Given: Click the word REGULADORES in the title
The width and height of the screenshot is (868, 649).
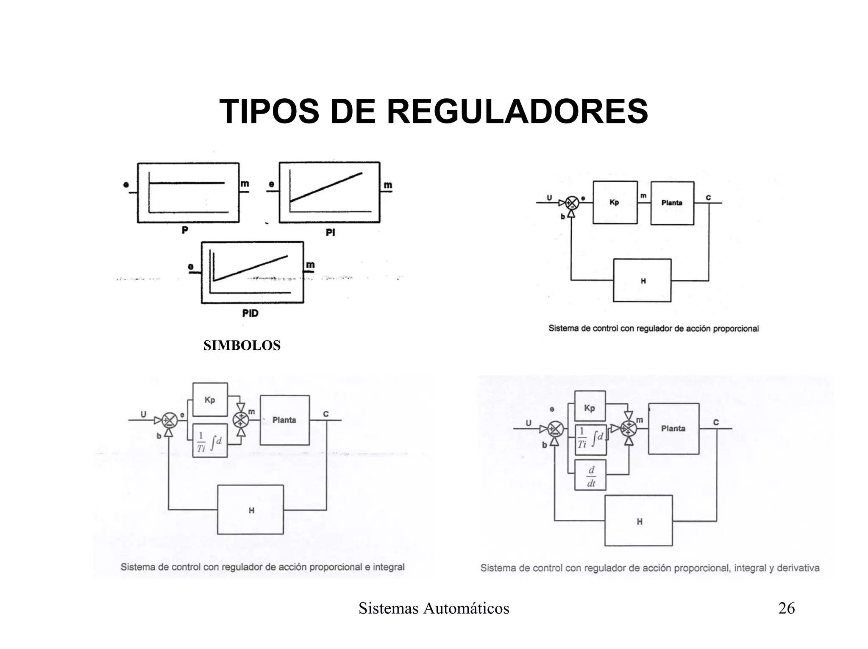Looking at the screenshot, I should point(517,111).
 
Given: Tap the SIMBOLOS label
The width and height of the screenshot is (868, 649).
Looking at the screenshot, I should point(242,345).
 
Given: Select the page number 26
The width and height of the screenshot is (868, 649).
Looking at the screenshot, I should point(786,608).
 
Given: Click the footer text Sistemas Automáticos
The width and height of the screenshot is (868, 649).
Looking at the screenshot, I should point(434,608).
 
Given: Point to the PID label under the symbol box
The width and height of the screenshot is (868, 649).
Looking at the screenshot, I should point(250,313).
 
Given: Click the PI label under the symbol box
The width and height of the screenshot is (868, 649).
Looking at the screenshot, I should point(330,232).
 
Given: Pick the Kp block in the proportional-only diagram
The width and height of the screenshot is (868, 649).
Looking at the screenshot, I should point(615,203).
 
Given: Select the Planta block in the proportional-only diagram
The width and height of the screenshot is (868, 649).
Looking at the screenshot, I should point(672,203).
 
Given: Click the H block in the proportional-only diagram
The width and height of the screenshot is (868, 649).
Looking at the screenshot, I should point(642,281).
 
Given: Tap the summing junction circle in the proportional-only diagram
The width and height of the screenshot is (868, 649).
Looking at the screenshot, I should point(572,203).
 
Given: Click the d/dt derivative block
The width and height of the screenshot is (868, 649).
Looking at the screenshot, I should point(590,475).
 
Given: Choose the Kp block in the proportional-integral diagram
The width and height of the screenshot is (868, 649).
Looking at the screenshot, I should point(210,400).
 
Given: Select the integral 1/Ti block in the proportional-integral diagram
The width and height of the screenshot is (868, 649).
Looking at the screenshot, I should point(210,440).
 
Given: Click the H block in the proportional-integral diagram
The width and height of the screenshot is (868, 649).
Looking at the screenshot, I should point(250,510).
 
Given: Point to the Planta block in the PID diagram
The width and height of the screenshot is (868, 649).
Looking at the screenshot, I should point(673,429).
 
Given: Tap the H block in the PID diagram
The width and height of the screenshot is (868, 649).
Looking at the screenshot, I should point(638,521).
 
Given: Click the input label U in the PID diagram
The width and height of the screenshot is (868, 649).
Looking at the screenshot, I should point(529,423).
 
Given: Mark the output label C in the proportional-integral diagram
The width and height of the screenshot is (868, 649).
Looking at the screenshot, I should point(325,414).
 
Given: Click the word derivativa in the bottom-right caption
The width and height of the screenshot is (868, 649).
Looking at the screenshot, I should point(798,568).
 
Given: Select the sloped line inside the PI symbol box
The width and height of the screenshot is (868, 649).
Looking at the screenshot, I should point(326,187).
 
